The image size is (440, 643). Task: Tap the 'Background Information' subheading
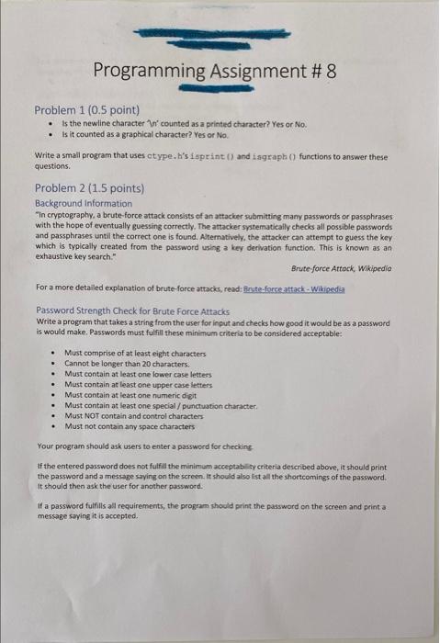tap(84, 203)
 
